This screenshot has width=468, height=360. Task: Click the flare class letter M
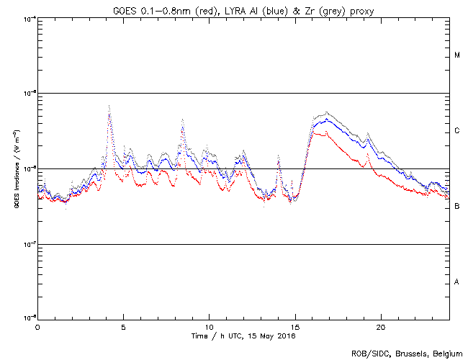457,55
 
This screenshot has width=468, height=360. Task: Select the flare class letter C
457,131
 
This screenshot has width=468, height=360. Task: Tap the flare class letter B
457,207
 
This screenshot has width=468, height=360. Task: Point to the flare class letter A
457,282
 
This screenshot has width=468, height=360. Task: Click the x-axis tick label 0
37,327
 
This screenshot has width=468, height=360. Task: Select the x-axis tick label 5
123,327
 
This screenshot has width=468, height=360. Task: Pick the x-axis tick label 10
209,327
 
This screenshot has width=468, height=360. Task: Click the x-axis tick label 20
381,327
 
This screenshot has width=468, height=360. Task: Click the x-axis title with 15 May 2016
243,336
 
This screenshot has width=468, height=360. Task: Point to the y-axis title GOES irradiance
16,169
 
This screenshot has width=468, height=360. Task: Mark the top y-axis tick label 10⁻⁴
29,19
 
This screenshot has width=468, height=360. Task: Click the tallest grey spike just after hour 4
109,107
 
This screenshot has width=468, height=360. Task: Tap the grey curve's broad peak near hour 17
328,112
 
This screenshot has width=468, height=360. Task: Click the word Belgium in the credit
446,353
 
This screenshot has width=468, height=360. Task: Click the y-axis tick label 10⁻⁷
29,244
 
